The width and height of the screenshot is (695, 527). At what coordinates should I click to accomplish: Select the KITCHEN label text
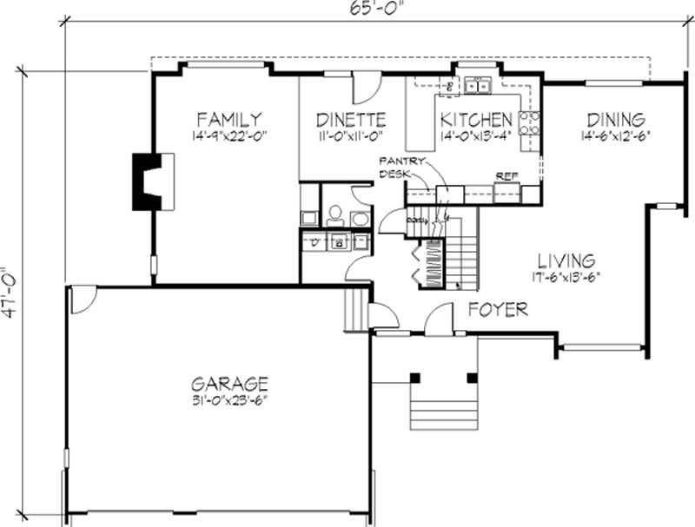[x=475, y=119]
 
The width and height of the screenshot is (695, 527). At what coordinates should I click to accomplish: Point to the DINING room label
[x=615, y=119]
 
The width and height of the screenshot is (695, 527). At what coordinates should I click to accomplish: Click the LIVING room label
[x=566, y=260]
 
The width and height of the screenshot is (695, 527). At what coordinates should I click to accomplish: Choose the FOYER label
[x=499, y=309]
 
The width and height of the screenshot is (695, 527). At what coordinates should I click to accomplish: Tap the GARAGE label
[x=229, y=383]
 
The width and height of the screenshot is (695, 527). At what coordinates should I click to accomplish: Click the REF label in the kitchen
[x=506, y=175]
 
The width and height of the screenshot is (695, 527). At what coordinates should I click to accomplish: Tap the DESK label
[x=394, y=174]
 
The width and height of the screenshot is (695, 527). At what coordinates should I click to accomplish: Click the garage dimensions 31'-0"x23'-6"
[x=229, y=400]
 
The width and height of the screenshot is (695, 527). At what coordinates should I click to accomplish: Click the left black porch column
[x=415, y=378]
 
